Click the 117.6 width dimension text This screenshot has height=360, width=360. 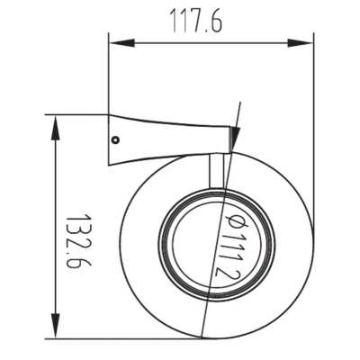tap(196, 21)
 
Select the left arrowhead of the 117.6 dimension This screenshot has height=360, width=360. tap(121, 42)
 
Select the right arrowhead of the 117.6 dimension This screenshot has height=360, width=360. tap(301, 42)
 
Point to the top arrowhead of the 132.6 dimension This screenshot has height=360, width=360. tap(55, 128)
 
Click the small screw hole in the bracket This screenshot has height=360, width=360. tap(115, 139)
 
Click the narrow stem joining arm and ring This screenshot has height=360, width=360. tap(217, 170)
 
